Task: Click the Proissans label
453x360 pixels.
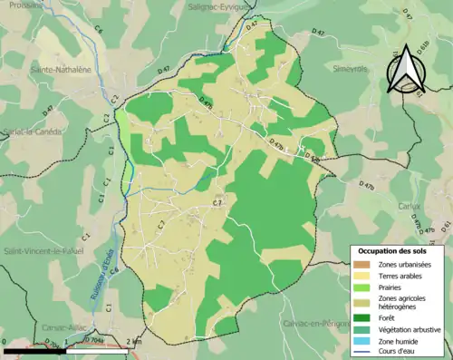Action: click(22, 4)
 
